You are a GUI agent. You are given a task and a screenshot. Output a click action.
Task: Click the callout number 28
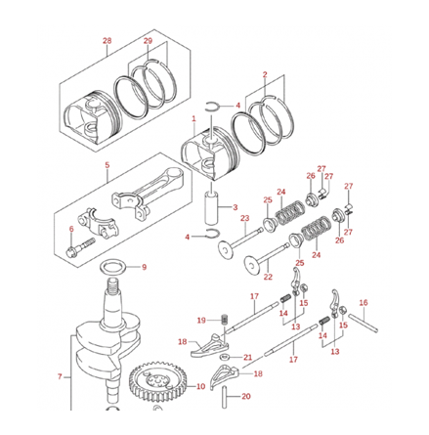click(107, 40)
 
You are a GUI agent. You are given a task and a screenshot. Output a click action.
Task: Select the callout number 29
click(148, 40)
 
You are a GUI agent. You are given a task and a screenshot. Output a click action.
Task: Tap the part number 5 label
click(107, 166)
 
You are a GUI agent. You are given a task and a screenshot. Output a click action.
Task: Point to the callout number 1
click(193, 118)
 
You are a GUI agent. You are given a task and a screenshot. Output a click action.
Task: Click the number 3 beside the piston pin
click(235, 207)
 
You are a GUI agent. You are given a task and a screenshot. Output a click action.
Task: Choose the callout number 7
click(59, 376)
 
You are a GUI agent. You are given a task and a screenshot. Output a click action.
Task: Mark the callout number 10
click(200, 387)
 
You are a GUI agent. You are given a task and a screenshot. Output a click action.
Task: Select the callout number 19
click(200, 320)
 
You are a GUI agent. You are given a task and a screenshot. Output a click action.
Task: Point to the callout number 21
click(247, 357)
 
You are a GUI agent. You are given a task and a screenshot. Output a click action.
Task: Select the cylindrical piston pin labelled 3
click(210, 206)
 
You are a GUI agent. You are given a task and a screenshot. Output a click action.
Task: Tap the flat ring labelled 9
click(113, 266)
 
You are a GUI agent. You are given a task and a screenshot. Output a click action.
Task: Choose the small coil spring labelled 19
click(222, 320)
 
